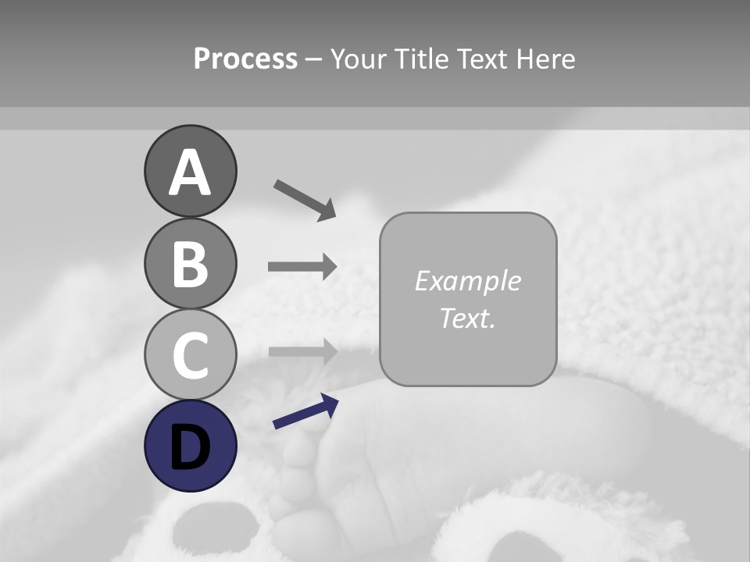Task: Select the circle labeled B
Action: click(x=190, y=263)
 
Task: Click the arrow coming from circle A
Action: click(x=304, y=199)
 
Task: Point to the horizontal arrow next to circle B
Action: click(x=302, y=267)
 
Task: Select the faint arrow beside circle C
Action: click(x=302, y=351)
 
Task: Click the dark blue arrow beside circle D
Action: click(x=305, y=412)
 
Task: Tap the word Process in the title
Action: click(x=245, y=59)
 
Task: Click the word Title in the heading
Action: click(x=419, y=59)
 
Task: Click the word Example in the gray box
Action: click(x=467, y=281)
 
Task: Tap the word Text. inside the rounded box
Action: click(x=467, y=318)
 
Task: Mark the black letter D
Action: click(x=190, y=446)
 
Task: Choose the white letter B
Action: click(x=190, y=264)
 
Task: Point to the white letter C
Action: click(x=190, y=355)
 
